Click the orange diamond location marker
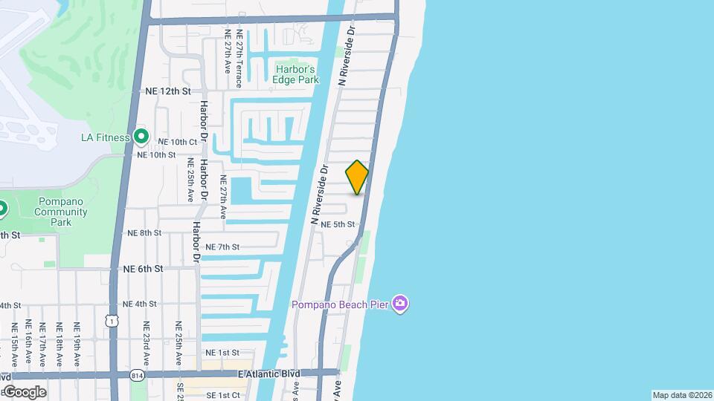(x=357, y=177)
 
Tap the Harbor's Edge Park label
(x=295, y=74)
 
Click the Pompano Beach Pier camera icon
(x=401, y=303)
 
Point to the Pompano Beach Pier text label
(x=341, y=304)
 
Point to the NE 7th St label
(x=222, y=247)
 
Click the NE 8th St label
(x=144, y=232)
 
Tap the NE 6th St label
(x=143, y=269)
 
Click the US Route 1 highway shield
(x=112, y=321)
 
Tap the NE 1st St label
(x=221, y=352)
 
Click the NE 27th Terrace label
(x=239, y=54)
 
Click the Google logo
(x=24, y=391)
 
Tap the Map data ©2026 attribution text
(x=682, y=395)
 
